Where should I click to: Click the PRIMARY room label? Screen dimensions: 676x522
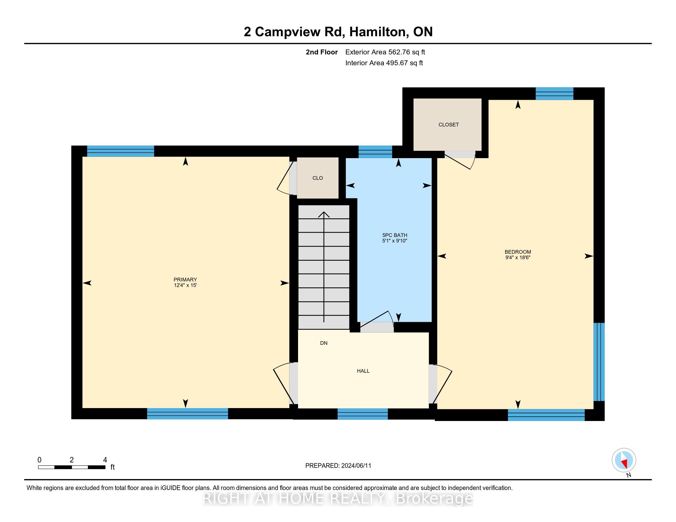coord(185,279)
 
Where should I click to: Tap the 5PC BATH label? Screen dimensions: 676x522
coord(395,235)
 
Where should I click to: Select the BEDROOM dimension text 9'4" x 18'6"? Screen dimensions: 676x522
coord(518,257)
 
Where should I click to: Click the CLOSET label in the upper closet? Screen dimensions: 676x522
coord(449,125)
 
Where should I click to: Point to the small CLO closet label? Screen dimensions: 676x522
coord(318,178)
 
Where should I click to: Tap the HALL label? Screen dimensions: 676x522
coord(363,371)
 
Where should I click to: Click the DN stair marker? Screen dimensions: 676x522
coord(324,343)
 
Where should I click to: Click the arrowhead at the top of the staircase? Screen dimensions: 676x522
coord(324,214)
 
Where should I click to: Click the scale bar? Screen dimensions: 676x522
coord(72,467)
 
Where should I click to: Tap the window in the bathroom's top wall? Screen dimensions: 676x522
coord(375,152)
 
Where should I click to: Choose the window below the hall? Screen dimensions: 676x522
coord(363,414)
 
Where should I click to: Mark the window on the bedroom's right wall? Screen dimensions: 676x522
coord(599,362)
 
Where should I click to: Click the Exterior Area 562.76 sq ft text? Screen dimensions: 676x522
coord(385,52)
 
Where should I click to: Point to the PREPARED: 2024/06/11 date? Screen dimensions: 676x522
coord(338,466)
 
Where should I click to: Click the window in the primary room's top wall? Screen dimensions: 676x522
coord(120,151)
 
